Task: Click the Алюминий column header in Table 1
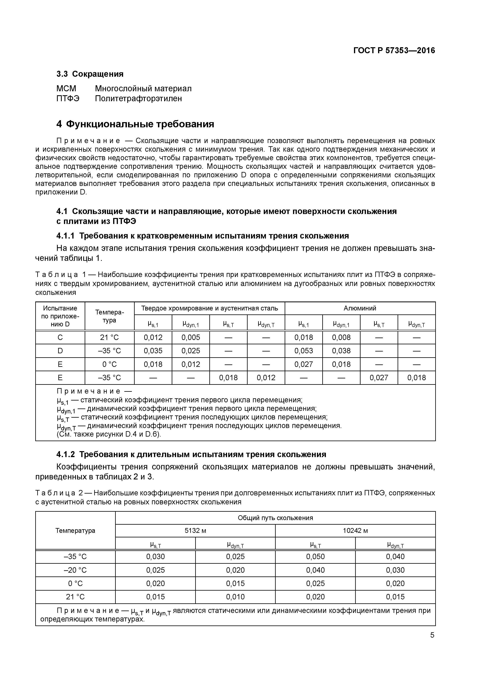click(360, 308)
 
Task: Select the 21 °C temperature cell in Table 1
click(109, 337)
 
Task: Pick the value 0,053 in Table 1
click(303, 351)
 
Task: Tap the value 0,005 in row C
click(191, 337)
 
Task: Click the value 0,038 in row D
click(341, 351)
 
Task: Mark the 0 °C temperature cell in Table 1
click(109, 364)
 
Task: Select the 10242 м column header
click(355, 531)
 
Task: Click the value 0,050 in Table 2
click(315, 557)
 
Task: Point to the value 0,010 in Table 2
click(235, 597)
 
